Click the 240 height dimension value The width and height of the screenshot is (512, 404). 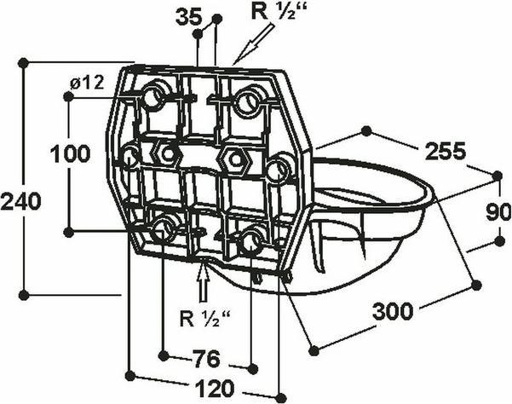[21, 201]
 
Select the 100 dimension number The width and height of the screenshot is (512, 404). [70, 153]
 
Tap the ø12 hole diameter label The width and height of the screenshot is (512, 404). [87, 83]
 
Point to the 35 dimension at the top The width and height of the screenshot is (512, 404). [189, 18]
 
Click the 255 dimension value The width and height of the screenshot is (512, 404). [445, 151]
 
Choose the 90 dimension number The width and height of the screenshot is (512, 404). [498, 212]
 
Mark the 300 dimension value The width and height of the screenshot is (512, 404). [393, 311]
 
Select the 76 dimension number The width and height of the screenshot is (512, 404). [207, 359]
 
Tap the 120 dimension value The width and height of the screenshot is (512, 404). [215, 389]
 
